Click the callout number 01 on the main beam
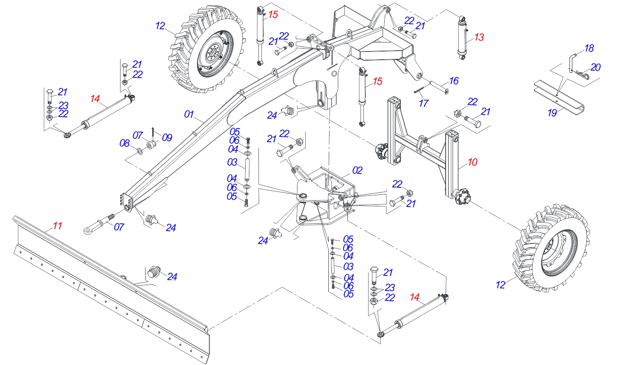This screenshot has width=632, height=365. coord(189,115)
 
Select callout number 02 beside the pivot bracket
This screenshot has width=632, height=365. coord(357,171)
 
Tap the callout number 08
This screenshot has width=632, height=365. coord(124,143)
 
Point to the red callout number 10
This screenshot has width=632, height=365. coord(472,162)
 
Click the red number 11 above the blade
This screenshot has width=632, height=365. coord(57,226)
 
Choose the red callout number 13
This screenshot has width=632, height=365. coord(479,37)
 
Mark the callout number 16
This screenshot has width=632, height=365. coord(454,81)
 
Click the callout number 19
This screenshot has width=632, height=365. coord(552,113)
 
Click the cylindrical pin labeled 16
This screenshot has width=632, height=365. coord(439,88)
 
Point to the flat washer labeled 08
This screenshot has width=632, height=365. coord(139,151)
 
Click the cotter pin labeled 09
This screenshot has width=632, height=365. coord(153,132)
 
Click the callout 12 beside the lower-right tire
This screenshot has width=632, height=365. coord(500,285)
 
